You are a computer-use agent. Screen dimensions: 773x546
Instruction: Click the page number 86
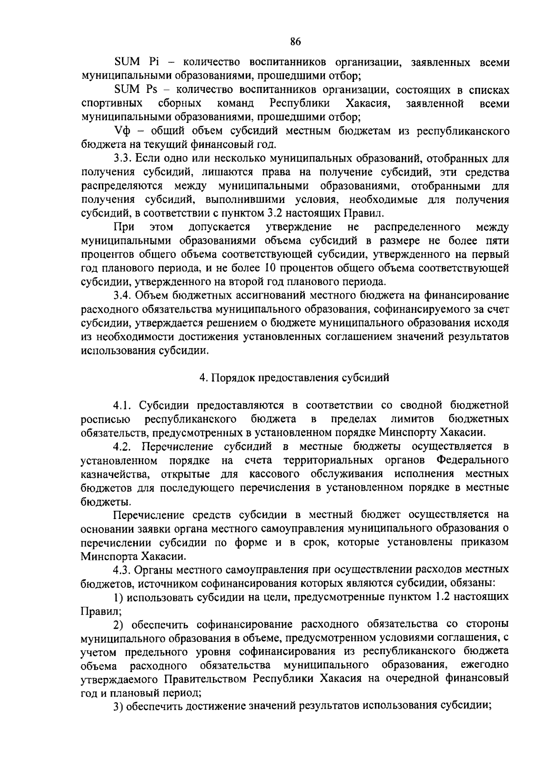(x=295, y=42)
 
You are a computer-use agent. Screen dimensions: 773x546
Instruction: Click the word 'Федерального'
(x=472, y=460)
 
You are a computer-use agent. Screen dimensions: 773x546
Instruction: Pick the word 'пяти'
(x=498, y=241)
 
